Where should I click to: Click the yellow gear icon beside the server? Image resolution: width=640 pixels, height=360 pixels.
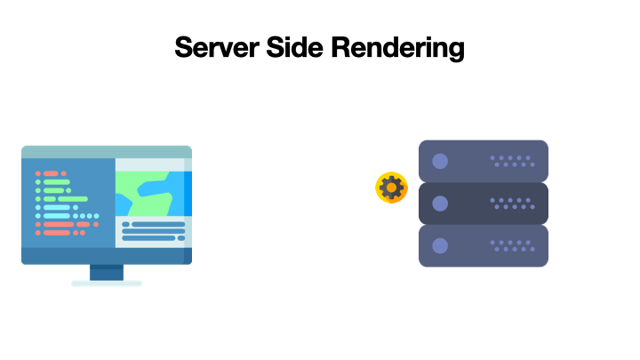391,188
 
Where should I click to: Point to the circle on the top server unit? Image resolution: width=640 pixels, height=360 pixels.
439,162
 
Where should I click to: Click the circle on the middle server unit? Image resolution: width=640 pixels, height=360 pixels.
439,204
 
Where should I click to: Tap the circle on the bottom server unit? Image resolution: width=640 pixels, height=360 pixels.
439,245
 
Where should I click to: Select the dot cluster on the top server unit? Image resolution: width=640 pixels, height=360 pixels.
511,161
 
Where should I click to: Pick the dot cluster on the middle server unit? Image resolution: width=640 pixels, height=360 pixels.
511,204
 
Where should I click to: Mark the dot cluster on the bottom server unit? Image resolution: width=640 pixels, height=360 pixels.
511,245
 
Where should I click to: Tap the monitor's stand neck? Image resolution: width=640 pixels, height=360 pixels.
107,272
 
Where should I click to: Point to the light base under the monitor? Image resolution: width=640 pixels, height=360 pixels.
107,284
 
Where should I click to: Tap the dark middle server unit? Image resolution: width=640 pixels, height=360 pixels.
483,204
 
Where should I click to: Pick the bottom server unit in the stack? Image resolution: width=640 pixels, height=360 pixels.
483,245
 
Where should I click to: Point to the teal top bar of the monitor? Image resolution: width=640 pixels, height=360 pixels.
107,152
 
